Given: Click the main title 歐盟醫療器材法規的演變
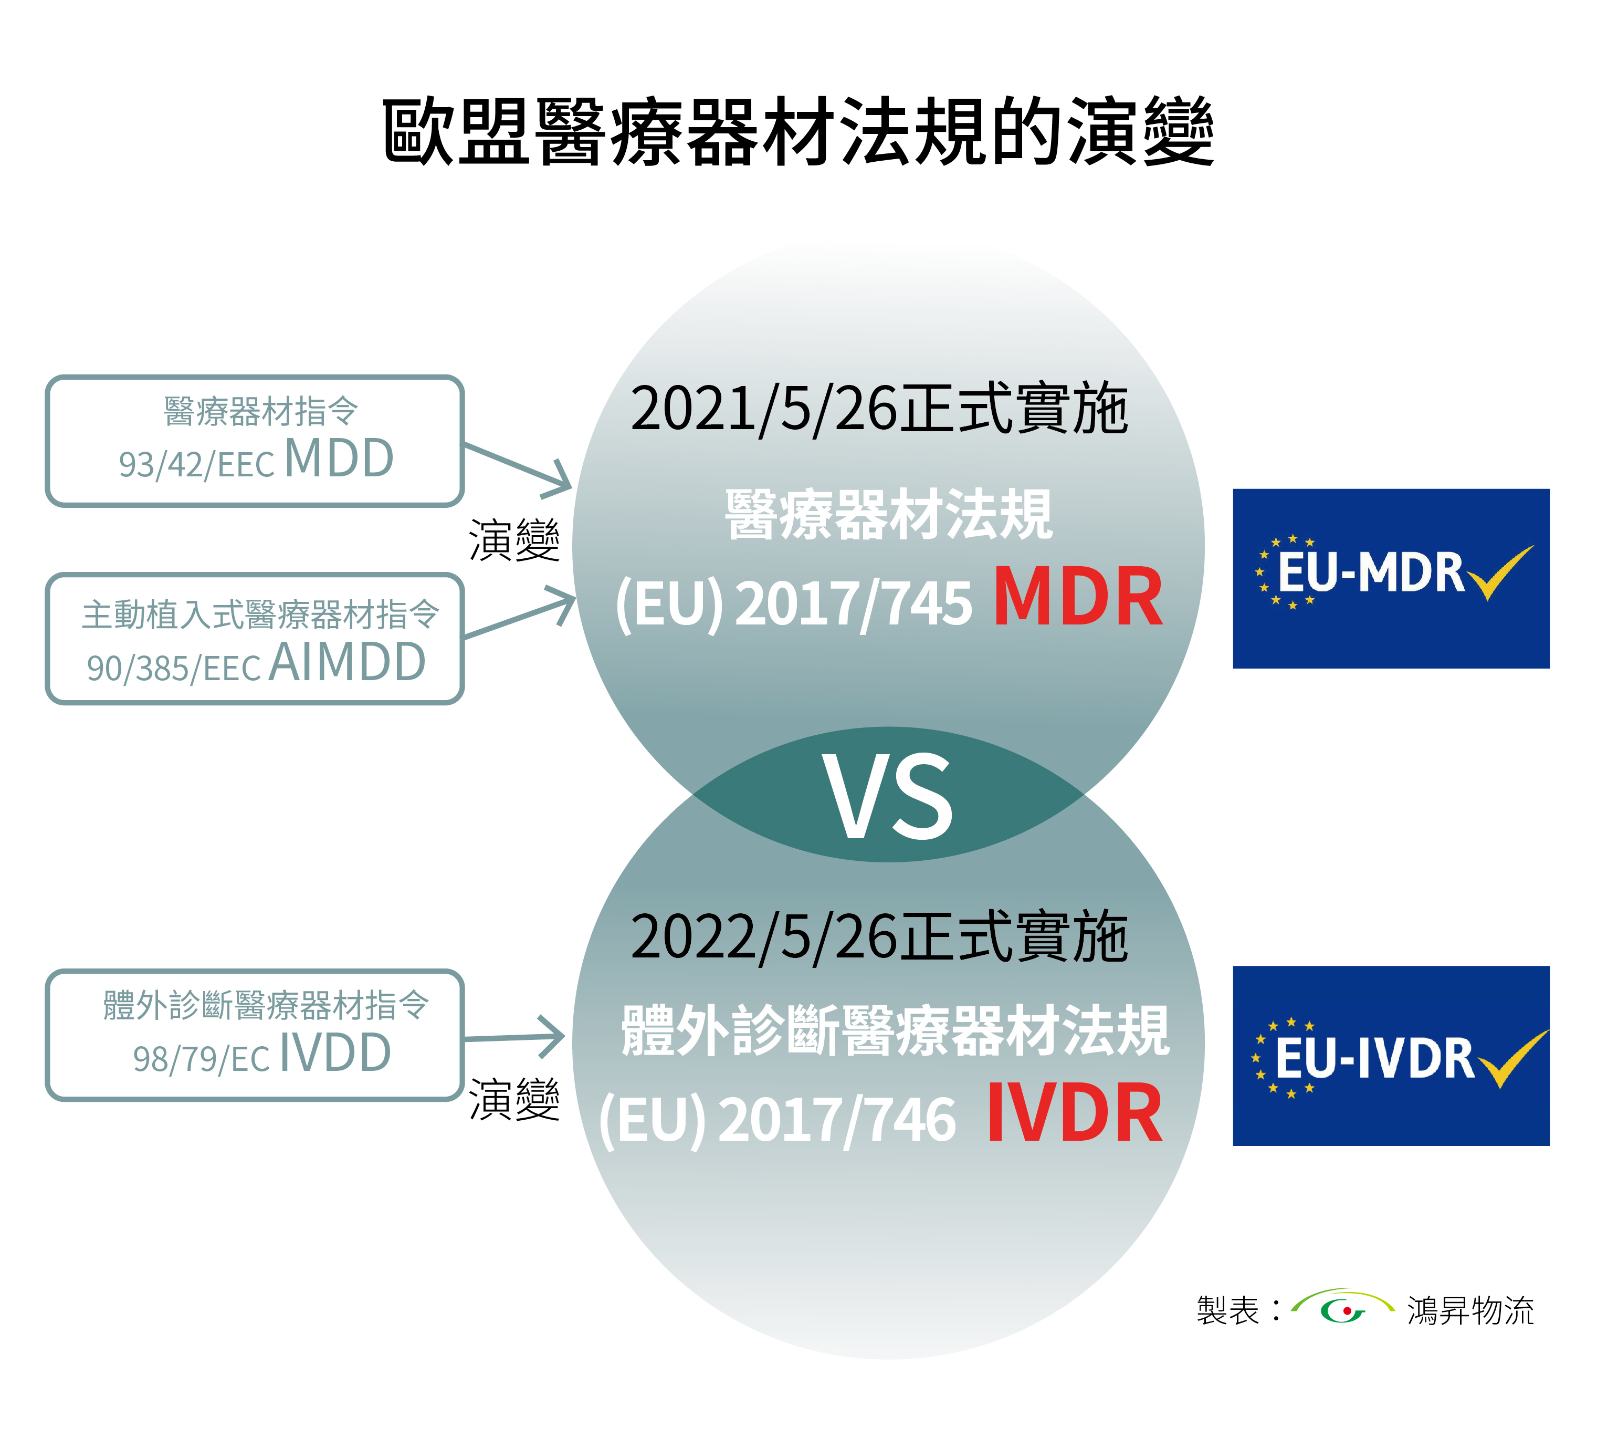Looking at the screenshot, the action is pyautogui.click(x=797, y=131).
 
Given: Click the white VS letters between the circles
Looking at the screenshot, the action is pyautogui.click(x=889, y=796).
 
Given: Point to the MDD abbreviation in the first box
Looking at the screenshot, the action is pyautogui.click(x=339, y=459).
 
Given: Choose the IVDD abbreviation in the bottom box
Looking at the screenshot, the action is pyautogui.click(x=335, y=1053).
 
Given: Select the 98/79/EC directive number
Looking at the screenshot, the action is pyautogui.click(x=202, y=1059).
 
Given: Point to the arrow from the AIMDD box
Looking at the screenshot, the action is pyautogui.click(x=520, y=613).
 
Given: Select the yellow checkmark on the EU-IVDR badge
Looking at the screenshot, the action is pyautogui.click(x=1512, y=1059).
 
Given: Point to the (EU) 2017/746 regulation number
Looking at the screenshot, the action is pyautogui.click(x=778, y=1120).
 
